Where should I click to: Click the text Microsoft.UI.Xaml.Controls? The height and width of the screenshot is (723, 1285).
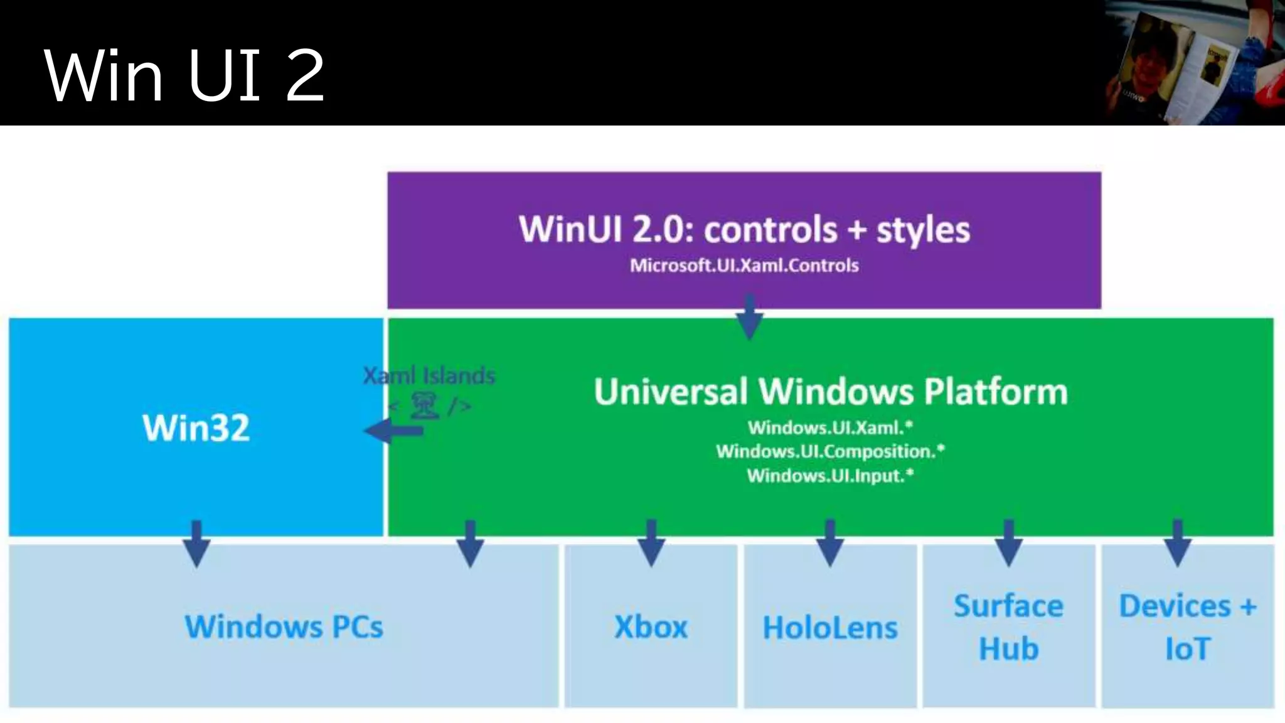[x=744, y=265]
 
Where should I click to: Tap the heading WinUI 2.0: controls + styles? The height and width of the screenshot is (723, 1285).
[x=744, y=229]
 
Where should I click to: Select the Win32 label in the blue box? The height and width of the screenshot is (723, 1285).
[x=196, y=428]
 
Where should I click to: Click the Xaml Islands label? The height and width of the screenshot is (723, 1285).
[x=429, y=376]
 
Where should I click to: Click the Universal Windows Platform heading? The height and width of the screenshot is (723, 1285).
[x=831, y=392]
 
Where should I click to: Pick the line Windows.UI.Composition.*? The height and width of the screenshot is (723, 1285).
[x=830, y=451]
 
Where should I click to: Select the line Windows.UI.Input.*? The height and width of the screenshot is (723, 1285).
[x=830, y=476]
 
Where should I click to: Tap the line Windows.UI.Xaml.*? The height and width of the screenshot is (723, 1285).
[x=830, y=428]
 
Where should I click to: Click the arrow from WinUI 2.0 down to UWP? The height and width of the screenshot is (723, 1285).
[x=749, y=317]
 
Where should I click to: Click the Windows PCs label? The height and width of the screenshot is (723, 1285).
[x=284, y=626]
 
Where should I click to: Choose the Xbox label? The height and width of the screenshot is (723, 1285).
[x=651, y=626]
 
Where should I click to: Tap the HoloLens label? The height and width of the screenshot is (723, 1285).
[x=830, y=628]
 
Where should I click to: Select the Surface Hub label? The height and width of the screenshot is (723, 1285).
[x=1009, y=627]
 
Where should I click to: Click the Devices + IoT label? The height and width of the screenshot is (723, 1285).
[x=1187, y=627]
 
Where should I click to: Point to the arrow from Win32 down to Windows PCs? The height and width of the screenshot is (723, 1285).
[x=196, y=544]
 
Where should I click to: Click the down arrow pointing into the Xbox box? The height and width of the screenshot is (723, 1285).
[x=651, y=544]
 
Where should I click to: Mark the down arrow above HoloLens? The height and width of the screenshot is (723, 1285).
[x=830, y=544]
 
